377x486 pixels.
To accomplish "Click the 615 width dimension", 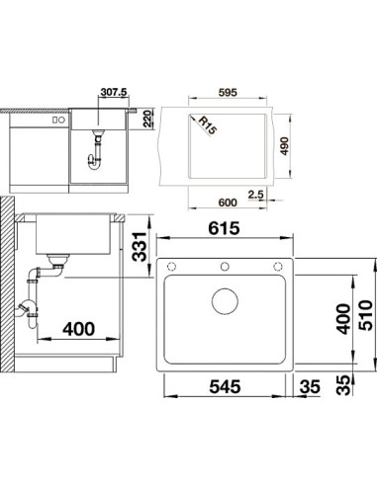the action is tap(224, 228).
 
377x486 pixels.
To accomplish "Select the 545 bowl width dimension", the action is tap(225, 386).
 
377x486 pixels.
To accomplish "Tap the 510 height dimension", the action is tap(366, 315).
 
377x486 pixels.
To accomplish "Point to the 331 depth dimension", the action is tap(140, 247).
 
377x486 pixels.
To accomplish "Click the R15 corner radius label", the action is tap(207, 125).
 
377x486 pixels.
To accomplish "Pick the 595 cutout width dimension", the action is tap(228, 93).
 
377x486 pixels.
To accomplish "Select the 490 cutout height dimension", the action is tap(284, 146).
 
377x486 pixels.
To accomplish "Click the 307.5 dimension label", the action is tap(114, 92).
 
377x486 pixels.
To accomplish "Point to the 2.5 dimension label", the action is tap(256, 195).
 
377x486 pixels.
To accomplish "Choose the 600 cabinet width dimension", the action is tap(228, 202).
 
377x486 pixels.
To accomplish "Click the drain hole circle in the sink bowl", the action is tap(225, 301).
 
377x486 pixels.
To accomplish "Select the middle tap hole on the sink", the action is tap(225, 266).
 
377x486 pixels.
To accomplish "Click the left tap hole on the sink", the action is tap(171, 266).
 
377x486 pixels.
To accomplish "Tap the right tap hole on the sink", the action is tap(278, 266).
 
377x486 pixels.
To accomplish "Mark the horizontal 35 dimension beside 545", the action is tap(310, 386).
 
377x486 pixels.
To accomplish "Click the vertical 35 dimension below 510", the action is tap(343, 385).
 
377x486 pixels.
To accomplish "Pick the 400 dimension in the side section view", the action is tap(79, 329).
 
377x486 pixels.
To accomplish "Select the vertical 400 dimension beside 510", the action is tap(343, 319).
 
